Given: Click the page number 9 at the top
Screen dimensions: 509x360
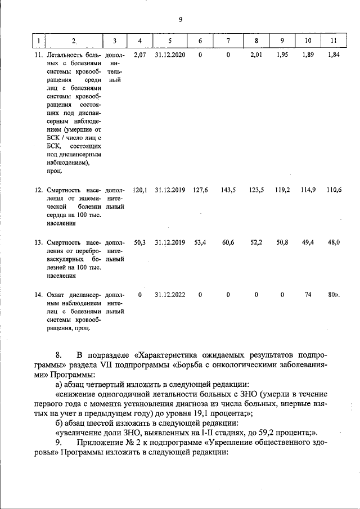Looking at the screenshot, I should pyautogui.click(x=180, y=20).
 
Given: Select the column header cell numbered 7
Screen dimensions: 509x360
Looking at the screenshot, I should pyautogui.click(x=228, y=41).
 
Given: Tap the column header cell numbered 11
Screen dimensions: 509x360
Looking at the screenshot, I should pyautogui.click(x=333, y=41).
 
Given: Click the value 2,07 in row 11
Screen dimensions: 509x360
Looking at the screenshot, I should pyautogui.click(x=140, y=55).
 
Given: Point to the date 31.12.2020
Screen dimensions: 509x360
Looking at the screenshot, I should pyautogui.click(x=170, y=55).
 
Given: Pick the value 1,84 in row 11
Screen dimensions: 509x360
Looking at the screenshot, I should pyautogui.click(x=334, y=55).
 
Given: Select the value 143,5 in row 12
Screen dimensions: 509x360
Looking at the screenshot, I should pyautogui.click(x=228, y=190).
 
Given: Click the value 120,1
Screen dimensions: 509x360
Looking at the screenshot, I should pyautogui.click(x=139, y=190).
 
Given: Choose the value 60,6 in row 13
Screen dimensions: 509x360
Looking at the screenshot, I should pyautogui.click(x=228, y=242).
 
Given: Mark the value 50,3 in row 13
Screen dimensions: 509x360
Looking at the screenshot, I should pyautogui.click(x=140, y=242).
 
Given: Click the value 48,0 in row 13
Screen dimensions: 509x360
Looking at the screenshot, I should pyautogui.click(x=334, y=242).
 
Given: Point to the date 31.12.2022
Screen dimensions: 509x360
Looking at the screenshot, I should pyautogui.click(x=170, y=294).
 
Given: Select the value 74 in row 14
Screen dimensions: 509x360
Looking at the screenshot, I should pyautogui.click(x=308, y=294).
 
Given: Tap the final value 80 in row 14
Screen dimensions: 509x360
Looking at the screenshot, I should pyautogui.click(x=332, y=294).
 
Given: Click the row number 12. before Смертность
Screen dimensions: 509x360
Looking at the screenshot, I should pyautogui.click(x=39, y=190).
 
